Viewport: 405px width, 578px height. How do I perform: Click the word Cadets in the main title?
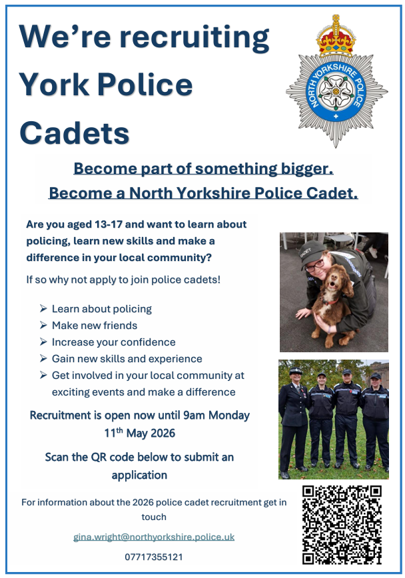(75, 133)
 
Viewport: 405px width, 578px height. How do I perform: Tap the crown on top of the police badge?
(336, 37)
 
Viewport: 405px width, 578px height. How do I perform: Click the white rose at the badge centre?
(336, 91)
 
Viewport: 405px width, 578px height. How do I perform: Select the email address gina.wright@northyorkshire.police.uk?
(154, 537)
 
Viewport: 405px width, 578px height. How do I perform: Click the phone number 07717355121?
(154, 557)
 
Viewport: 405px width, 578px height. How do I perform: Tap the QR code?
(342, 525)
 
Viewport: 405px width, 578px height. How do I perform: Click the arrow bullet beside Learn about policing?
(43, 308)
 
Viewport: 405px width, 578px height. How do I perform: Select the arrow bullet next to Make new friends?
(43, 325)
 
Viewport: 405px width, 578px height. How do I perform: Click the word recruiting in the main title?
(195, 37)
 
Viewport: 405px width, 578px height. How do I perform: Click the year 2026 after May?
(163, 433)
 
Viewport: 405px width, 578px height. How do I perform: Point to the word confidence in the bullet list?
(148, 342)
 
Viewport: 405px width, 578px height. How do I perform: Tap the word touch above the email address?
(154, 517)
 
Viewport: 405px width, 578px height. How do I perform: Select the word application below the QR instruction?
(139, 475)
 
